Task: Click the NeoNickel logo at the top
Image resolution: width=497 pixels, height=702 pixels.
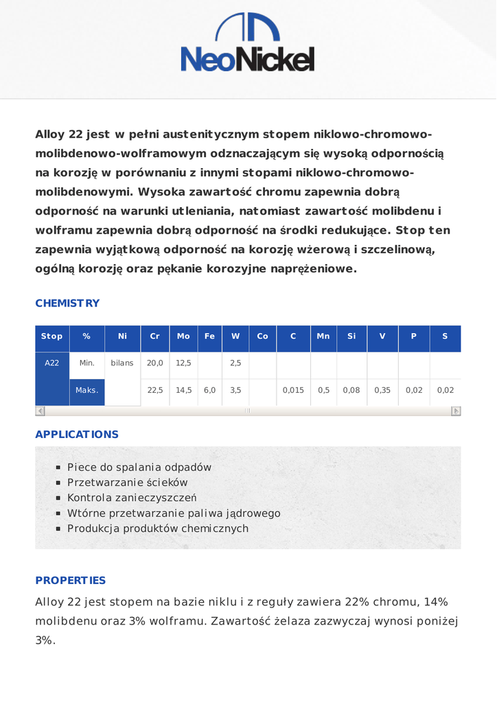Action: pyautogui.click(x=248, y=43)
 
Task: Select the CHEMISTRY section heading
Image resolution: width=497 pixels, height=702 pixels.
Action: pyautogui.click(x=67, y=303)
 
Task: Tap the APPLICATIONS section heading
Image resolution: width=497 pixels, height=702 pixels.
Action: pyautogui.click(x=77, y=434)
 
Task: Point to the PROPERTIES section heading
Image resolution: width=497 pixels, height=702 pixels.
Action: pyautogui.click(x=71, y=580)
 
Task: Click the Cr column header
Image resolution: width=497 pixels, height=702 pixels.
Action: pyautogui.click(x=155, y=337)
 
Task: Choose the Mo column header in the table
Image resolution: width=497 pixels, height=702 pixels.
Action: pyautogui.click(x=183, y=337)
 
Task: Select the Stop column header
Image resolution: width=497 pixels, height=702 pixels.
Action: pyautogui.click(x=52, y=337)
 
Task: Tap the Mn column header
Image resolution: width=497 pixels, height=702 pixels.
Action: pyautogui.click(x=323, y=337)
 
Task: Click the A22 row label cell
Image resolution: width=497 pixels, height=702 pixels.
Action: pyautogui.click(x=52, y=363)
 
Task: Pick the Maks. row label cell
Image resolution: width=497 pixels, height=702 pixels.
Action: pyautogui.click(x=87, y=390)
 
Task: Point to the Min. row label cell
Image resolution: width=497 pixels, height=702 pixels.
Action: pyautogui.click(x=87, y=363)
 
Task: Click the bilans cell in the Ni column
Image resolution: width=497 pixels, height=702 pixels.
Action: pyautogui.click(x=122, y=363)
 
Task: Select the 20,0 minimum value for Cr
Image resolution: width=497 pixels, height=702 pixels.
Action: pyautogui.click(x=155, y=363)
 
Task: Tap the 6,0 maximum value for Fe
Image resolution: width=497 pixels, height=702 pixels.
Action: pyautogui.click(x=209, y=390)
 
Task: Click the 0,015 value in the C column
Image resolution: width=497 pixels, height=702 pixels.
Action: pyautogui.click(x=293, y=390)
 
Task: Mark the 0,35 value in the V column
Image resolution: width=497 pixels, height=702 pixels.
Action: pyautogui.click(x=382, y=390)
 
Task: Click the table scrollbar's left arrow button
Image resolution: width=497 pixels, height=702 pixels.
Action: pyautogui.click(x=40, y=411)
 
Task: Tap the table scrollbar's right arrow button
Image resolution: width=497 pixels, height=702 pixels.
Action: pyautogui.click(x=456, y=411)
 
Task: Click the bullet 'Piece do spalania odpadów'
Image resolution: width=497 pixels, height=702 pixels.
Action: pyautogui.click(x=139, y=467)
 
